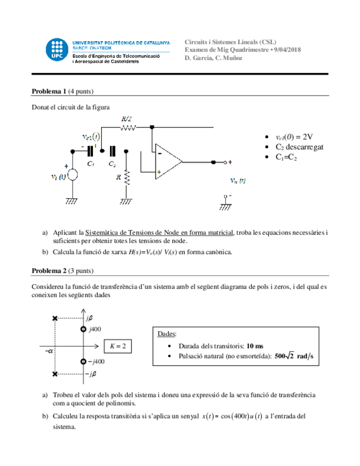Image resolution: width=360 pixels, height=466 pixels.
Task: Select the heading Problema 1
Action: pyautogui.click(x=49, y=91)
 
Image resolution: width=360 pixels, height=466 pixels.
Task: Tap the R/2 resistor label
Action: pyautogui.click(x=126, y=119)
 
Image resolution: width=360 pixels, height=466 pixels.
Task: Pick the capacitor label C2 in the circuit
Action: pyautogui.click(x=112, y=163)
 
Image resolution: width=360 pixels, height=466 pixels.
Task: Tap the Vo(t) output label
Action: pyautogui.click(x=237, y=180)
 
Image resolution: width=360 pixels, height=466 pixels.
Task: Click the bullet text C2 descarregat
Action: pyautogui.click(x=300, y=147)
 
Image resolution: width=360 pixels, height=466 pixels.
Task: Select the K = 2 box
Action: pyautogui.click(x=118, y=346)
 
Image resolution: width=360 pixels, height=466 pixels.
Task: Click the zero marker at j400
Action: pyautogui.click(x=82, y=329)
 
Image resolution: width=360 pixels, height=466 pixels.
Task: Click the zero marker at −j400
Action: pyautogui.click(x=82, y=362)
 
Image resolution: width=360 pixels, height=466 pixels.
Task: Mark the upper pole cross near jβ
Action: pyautogui.click(x=54, y=318)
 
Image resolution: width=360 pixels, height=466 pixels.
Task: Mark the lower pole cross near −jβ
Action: pyautogui.click(x=54, y=374)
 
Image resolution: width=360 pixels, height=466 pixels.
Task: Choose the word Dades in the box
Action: pyautogui.click(x=167, y=334)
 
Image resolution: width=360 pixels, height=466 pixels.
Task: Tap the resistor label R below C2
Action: pyautogui.click(x=119, y=177)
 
